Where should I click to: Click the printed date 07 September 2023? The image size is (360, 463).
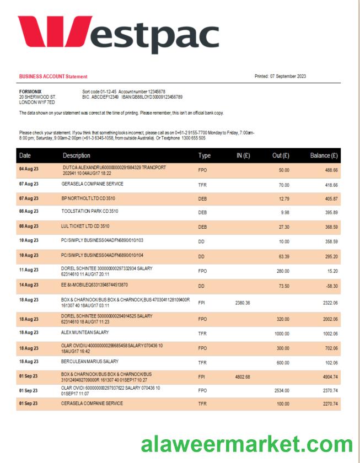pos(295,76)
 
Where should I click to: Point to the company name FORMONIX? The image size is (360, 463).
pos(30,91)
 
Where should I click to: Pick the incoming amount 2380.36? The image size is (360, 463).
pos(243,303)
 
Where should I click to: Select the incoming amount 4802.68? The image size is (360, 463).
pos(243,377)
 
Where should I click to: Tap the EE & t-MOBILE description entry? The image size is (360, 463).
pos(94,285)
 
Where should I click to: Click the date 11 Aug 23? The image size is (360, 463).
pos(29,271)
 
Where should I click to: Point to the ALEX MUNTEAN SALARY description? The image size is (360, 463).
pos(85,332)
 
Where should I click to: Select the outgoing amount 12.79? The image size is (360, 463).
pos(284,198)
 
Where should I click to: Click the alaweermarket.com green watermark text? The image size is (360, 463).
pos(246,444)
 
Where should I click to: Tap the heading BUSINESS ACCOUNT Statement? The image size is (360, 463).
pos(53,77)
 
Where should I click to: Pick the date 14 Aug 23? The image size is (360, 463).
pos(29,286)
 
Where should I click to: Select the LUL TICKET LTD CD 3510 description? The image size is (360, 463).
pos(85,225)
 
